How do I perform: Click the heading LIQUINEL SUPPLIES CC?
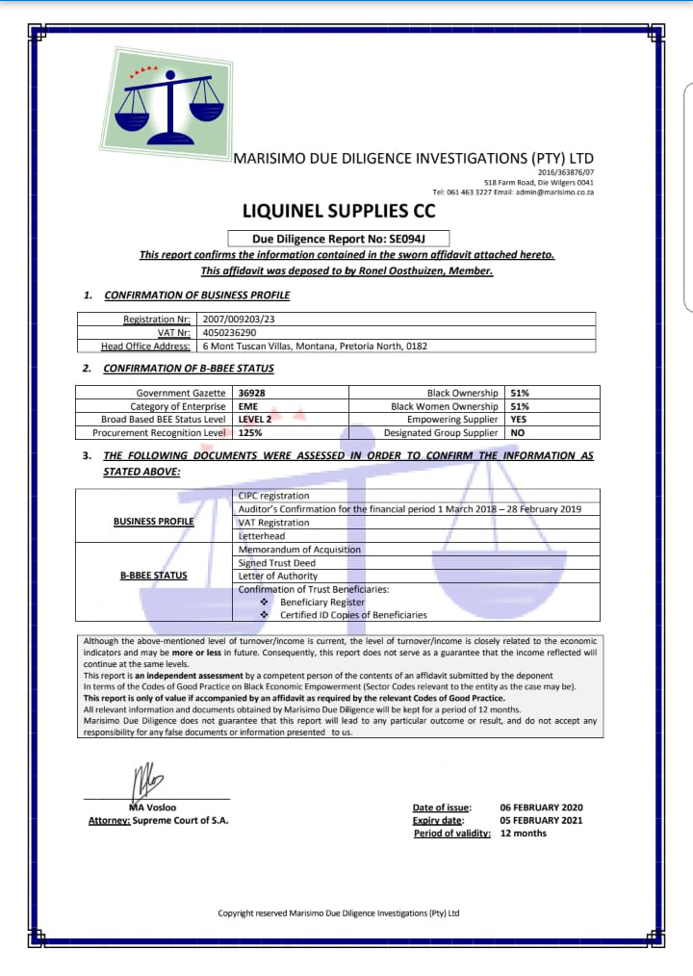(x=338, y=211)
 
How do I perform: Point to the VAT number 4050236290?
(x=229, y=332)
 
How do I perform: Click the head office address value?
(x=314, y=346)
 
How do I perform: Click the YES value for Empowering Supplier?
(x=519, y=420)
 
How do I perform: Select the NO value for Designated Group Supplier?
(x=517, y=433)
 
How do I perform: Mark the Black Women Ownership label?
(x=445, y=406)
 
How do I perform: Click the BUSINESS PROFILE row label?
(x=153, y=521)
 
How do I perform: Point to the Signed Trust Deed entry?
(x=278, y=562)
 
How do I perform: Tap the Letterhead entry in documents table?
(x=262, y=535)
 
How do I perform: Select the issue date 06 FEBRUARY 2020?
(x=541, y=808)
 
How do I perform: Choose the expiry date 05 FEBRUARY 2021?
(x=541, y=821)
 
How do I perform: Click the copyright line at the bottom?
(x=339, y=912)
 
